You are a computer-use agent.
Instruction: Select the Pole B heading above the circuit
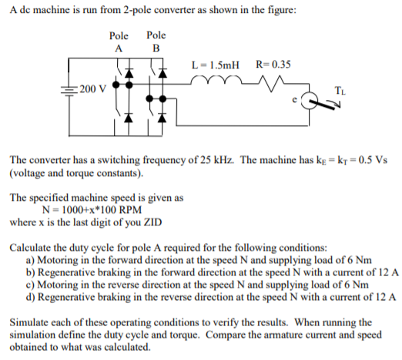point(156,42)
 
